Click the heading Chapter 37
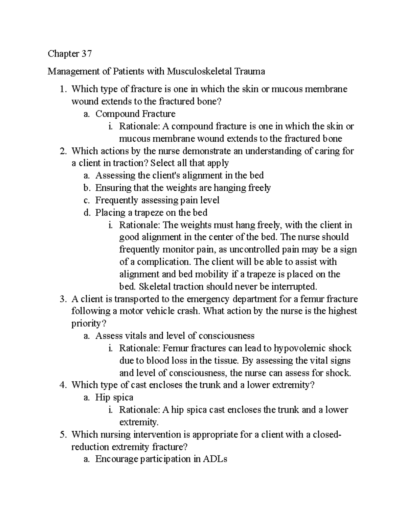coord(70,54)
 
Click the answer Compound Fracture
coord(135,114)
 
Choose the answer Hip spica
coord(114,397)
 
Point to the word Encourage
coord(117,459)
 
